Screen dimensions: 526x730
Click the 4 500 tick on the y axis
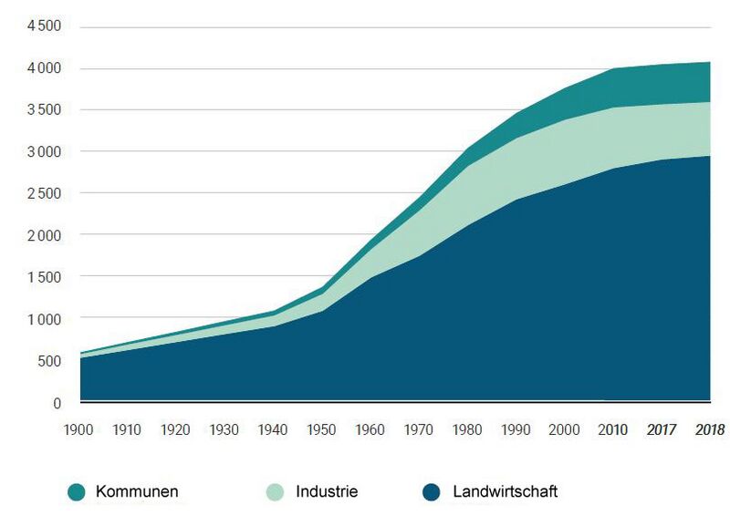point(42,26)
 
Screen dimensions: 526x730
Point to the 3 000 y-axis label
point(42,151)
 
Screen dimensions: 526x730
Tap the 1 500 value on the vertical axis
point(42,276)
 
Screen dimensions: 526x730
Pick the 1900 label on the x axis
point(80,429)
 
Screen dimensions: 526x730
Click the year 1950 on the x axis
point(321,429)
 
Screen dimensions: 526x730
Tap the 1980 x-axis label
point(466,429)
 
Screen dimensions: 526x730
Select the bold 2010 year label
point(611,429)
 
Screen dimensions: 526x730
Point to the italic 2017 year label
point(661,429)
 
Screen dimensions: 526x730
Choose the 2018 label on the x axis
point(710,429)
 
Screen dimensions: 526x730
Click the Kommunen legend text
point(137,492)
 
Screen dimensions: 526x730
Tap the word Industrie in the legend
point(327,492)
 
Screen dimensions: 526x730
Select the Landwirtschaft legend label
point(505,492)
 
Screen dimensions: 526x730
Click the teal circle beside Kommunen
point(77,492)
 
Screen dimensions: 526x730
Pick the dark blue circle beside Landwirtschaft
point(432,492)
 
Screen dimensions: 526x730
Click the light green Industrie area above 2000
point(563,150)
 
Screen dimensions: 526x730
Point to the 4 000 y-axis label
point(42,68)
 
